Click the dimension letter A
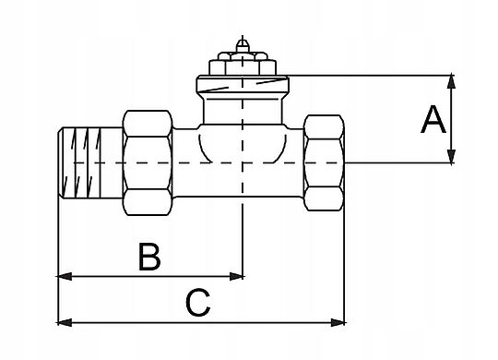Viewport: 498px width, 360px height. coord(433,120)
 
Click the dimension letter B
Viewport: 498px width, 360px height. coord(149,257)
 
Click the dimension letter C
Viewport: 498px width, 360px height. coord(198,303)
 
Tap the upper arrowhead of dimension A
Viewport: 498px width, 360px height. coord(451,81)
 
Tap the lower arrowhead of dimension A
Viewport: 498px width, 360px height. coord(451,157)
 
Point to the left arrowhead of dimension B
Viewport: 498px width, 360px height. coord(65,276)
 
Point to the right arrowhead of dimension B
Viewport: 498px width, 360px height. coord(236,276)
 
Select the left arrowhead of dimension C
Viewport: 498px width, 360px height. coord(65,322)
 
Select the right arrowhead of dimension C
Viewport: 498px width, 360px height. coord(338,322)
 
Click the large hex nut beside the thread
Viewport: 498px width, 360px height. coord(148,162)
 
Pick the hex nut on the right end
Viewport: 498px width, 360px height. coord(324,162)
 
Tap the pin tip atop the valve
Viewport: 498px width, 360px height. coord(243,45)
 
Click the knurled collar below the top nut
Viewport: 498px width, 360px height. coord(243,84)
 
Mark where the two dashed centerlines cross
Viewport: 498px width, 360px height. coord(243,162)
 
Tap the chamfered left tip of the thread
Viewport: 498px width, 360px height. coord(60,162)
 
